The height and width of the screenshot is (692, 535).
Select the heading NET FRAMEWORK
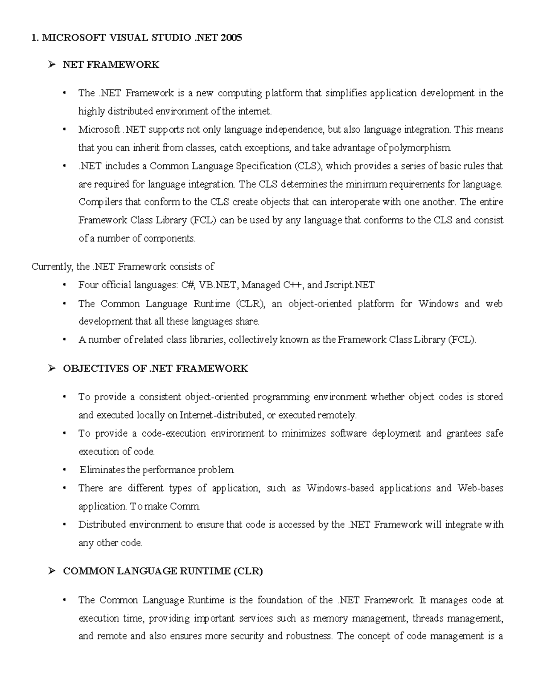[111, 65]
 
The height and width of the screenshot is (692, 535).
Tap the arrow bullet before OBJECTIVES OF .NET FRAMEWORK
[52, 368]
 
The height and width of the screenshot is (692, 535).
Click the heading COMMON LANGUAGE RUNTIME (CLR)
[163, 571]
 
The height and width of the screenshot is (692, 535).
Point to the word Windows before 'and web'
[438, 303]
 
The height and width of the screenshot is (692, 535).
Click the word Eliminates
[102, 470]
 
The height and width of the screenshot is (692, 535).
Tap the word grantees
[464, 433]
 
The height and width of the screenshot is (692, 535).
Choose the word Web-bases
[480, 488]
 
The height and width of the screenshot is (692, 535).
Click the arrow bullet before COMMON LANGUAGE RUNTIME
[52, 571]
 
